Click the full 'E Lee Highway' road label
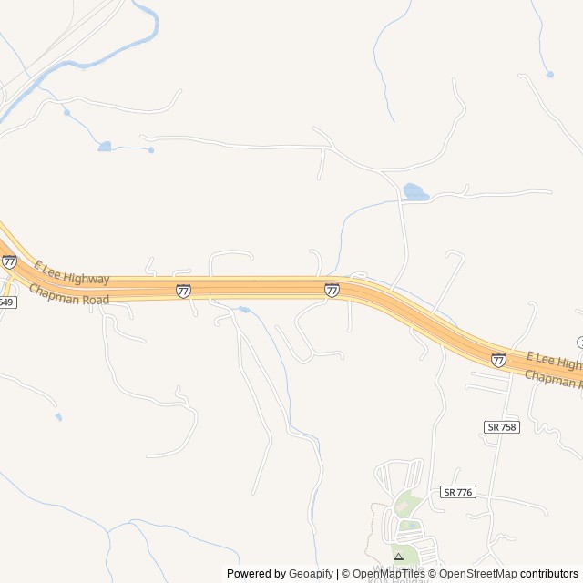point(72,272)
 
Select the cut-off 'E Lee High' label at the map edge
point(554,359)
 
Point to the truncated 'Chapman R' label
point(553,380)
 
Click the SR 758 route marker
point(501,427)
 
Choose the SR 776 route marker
point(457,492)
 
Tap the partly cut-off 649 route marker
point(6,302)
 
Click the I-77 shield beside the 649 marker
point(9,261)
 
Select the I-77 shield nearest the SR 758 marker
point(498,361)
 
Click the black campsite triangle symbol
point(398,556)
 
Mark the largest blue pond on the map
point(415,192)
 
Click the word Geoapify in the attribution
point(312,574)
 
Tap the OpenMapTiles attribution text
point(388,574)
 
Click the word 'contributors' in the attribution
point(549,574)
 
